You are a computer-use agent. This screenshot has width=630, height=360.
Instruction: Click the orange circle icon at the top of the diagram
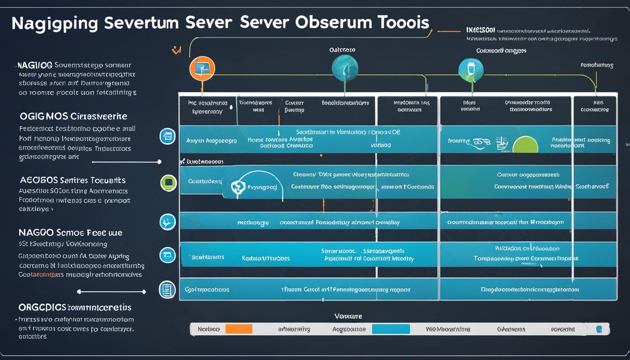pos(202,69)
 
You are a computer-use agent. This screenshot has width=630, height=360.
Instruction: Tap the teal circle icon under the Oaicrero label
pos(345,68)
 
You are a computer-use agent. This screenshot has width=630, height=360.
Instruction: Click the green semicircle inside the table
pos(525,145)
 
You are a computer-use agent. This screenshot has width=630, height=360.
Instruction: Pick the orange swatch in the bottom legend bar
pos(239,329)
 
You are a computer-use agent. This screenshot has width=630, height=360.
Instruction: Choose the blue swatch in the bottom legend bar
pos(391,329)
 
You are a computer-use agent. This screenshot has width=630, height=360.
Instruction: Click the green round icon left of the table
pos(168,182)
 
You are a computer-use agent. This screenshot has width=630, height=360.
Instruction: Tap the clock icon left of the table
pos(167,222)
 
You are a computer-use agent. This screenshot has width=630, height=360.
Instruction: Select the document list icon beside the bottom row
pos(167,289)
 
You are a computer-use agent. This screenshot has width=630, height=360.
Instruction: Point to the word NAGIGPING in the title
pos(55,23)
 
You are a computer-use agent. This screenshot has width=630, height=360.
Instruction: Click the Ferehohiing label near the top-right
pos(597,65)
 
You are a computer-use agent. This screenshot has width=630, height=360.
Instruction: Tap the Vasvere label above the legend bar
pos(348,316)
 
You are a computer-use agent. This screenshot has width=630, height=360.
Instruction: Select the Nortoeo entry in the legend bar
pos(209,329)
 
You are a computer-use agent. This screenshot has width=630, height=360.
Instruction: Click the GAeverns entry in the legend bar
pos(511,329)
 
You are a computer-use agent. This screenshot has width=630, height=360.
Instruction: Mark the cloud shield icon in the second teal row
pos(238,187)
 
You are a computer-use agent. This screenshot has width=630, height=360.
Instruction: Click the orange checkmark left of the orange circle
pos(177,50)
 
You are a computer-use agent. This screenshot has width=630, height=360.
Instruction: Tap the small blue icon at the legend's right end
pos(599,329)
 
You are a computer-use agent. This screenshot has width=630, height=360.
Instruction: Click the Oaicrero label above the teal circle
pos(342,49)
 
